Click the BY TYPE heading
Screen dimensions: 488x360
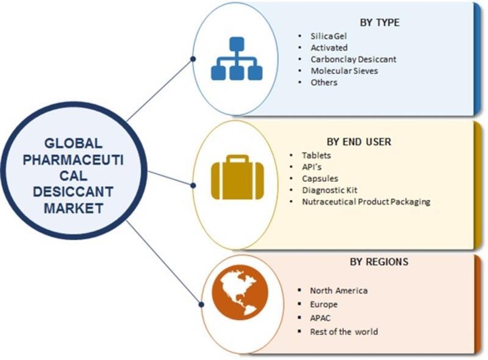[x=379, y=23]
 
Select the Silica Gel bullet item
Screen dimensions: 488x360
[x=328, y=36]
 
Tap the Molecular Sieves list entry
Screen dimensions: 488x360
[x=344, y=71]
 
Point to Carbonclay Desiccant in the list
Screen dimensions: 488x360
[x=353, y=59]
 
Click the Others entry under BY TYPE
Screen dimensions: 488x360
[x=324, y=82]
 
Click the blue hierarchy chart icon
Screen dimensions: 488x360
[x=237, y=59]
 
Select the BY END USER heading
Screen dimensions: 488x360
[x=359, y=142]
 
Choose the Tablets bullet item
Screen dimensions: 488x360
[x=316, y=155]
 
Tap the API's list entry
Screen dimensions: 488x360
[x=312, y=167]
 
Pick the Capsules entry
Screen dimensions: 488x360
[x=320, y=178]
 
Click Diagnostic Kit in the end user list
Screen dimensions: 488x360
[x=329, y=190]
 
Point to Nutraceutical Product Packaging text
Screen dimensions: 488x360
[x=366, y=202]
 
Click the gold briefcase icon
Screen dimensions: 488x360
[x=237, y=177]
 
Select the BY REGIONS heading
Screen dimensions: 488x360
[x=379, y=262]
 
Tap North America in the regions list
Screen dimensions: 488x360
[x=339, y=290]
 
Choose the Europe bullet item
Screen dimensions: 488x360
[x=324, y=304]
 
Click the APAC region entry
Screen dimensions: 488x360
[x=320, y=318]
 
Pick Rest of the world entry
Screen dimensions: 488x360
[x=344, y=332]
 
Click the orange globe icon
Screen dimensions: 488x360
[x=240, y=292]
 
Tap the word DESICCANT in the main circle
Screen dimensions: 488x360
[x=73, y=192]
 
